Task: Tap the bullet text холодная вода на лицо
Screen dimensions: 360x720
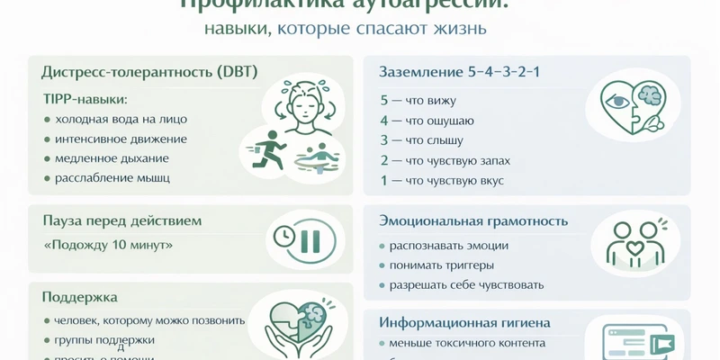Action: [x=121, y=119]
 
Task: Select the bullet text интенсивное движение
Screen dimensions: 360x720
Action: [x=121, y=139]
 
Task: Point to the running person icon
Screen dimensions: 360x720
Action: [x=267, y=148]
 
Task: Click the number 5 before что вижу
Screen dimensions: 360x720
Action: [x=384, y=101]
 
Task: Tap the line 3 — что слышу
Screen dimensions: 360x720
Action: [x=421, y=140]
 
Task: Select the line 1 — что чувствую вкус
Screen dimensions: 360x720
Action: [x=441, y=180]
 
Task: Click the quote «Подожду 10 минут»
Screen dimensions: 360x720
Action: [x=108, y=245]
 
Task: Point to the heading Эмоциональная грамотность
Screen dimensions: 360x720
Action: [x=473, y=220]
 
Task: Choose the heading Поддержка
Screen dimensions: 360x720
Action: [x=80, y=296]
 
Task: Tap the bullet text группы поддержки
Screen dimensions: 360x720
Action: [x=104, y=340]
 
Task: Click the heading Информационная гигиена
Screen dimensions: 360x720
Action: [x=464, y=322]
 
